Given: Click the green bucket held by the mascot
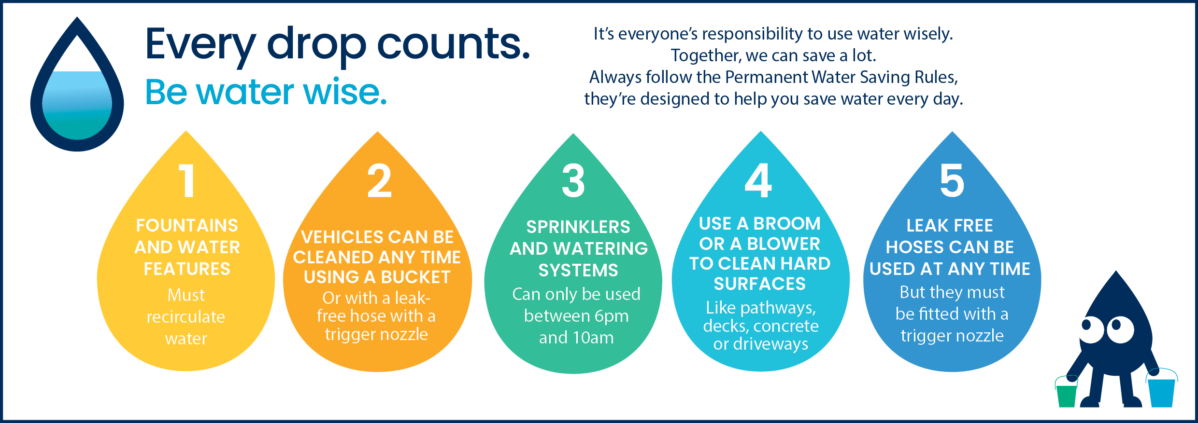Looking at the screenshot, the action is pos(1067,392).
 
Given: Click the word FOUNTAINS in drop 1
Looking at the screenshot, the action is pos(187,225).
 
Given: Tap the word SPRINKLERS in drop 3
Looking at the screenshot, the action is pos(578,227).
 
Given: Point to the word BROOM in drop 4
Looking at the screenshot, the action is pos(787,223).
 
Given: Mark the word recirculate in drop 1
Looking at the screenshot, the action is pos(186,317).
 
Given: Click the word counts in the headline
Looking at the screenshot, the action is pos(453,44).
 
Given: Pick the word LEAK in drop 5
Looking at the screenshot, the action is pos(923,225).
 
